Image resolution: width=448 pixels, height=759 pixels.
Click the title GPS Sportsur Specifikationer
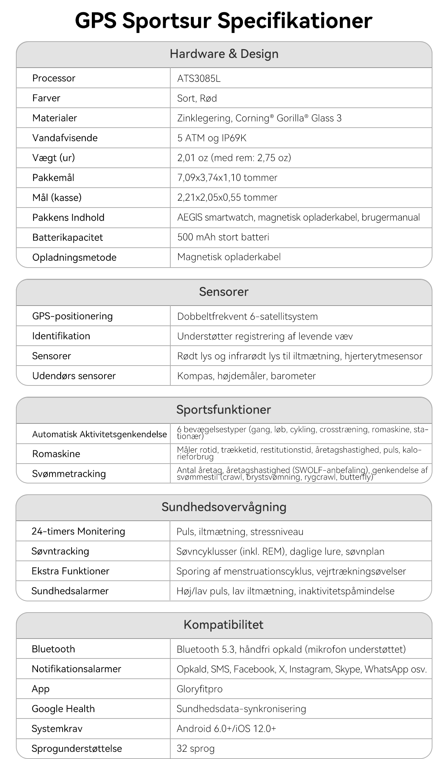click(x=223, y=21)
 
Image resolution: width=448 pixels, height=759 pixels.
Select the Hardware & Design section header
click(x=224, y=54)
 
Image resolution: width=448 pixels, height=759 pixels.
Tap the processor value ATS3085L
click(x=199, y=78)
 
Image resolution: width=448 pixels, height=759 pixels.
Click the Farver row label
click(x=46, y=98)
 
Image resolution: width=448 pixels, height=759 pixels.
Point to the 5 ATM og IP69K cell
click(x=212, y=138)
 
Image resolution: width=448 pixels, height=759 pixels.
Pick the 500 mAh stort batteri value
click(x=223, y=237)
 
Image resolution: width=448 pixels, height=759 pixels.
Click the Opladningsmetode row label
click(x=74, y=257)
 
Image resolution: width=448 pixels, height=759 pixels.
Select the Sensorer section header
click(x=223, y=292)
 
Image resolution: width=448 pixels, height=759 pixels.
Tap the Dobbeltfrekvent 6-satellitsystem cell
click(x=247, y=316)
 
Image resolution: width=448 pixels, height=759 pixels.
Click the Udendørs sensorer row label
click(x=74, y=376)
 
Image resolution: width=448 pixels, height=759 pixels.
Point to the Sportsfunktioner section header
click(x=223, y=410)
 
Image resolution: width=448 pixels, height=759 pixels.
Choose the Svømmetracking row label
click(x=69, y=474)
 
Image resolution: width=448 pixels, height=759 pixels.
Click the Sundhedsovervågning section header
click(x=223, y=507)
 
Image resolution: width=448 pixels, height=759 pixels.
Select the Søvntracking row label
click(x=60, y=551)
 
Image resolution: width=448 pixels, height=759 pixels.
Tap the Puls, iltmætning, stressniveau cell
click(x=240, y=532)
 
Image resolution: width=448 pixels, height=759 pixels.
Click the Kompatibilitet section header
click(x=223, y=625)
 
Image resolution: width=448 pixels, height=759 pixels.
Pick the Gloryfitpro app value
click(x=199, y=689)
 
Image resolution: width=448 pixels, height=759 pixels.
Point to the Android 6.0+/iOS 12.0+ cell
click(x=226, y=729)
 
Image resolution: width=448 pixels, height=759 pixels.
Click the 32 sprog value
click(x=195, y=749)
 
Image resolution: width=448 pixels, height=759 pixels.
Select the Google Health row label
click(x=63, y=709)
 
